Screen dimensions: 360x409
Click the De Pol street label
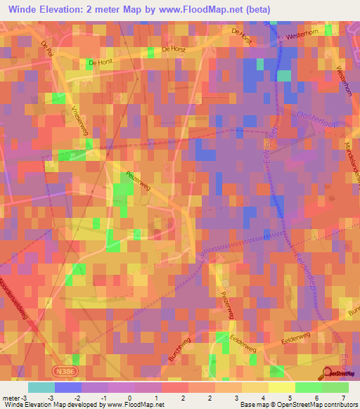pos(48,48)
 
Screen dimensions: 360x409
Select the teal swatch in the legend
pos(41,388)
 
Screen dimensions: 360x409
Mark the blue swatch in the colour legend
pos(68,388)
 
